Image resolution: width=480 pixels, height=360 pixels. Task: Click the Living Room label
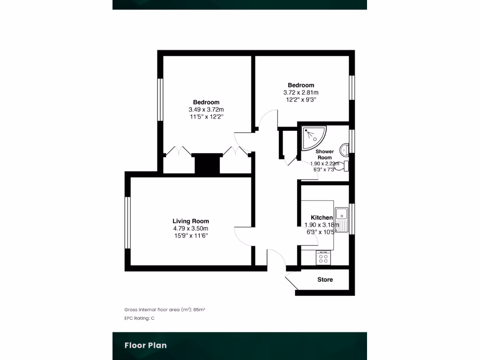190,221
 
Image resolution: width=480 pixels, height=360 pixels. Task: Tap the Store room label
325,280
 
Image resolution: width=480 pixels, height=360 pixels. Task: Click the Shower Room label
324,155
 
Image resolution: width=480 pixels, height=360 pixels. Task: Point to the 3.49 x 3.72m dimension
206,109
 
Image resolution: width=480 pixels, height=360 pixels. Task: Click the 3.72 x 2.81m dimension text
300,92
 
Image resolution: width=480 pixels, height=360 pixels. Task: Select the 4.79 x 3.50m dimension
190,228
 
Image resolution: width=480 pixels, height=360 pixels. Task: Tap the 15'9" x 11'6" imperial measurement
190,235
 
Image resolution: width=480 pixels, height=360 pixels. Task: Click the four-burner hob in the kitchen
323,257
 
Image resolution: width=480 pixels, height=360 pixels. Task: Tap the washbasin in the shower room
345,149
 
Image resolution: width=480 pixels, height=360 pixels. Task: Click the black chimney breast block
207,164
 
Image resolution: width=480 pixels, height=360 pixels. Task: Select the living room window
127,223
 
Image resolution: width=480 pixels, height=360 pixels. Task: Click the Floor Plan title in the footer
145,345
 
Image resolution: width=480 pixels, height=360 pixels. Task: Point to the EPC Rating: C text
139,318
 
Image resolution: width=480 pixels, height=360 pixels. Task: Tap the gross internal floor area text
165,309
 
